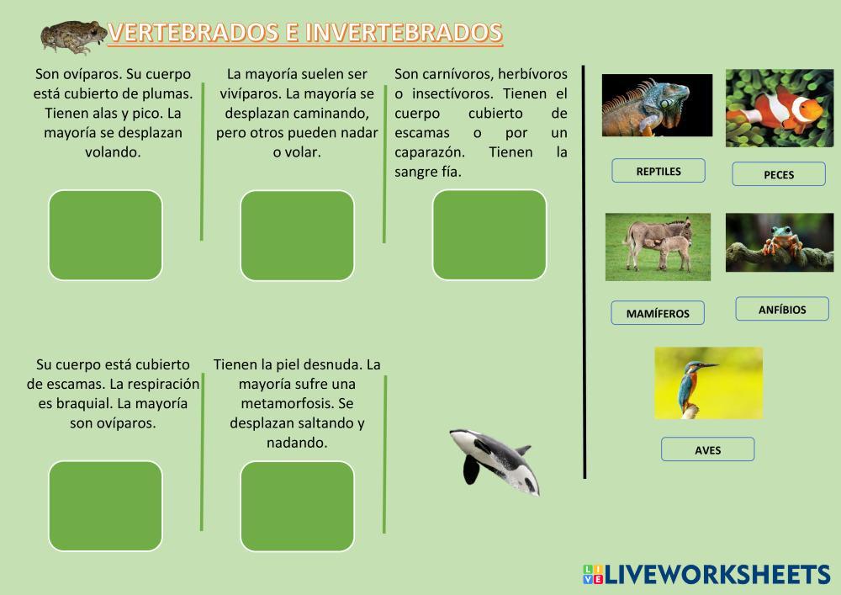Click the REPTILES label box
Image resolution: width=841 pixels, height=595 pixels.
point(659,171)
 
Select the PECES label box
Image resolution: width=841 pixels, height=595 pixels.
point(778,174)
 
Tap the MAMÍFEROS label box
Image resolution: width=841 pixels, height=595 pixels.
point(658,313)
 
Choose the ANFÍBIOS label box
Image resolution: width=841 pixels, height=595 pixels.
point(782,309)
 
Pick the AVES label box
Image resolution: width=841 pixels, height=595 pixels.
point(707,449)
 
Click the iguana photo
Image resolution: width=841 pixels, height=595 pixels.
point(657,105)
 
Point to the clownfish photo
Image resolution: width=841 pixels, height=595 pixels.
point(780,108)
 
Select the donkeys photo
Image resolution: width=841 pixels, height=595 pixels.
point(659,247)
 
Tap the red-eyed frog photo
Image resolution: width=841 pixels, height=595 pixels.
point(780,242)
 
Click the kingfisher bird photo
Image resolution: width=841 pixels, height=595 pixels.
point(708,383)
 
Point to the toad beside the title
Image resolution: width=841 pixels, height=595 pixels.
point(74,37)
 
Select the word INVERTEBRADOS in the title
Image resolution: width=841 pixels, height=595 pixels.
point(405,33)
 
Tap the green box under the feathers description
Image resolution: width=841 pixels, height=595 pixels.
point(105,235)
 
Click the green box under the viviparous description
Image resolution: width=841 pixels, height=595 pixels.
point(297,236)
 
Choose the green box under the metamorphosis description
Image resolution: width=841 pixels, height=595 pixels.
point(297,507)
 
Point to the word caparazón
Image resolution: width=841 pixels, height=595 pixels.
point(430,152)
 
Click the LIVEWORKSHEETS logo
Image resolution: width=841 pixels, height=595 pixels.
point(706,574)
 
